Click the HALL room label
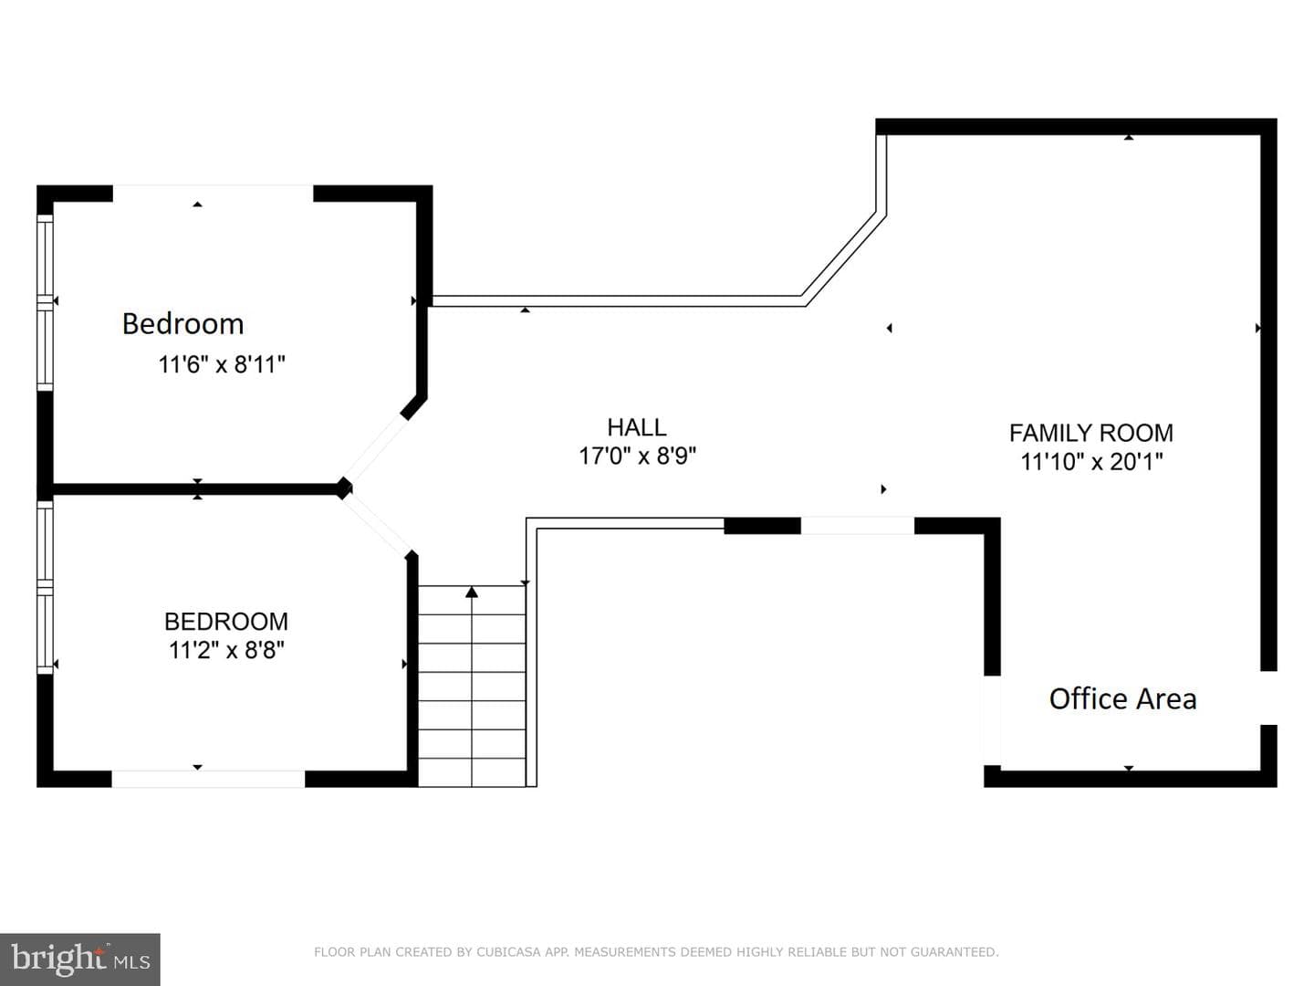pos(636,427)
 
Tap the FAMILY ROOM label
pos(1090,433)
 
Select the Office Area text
pos(1122,698)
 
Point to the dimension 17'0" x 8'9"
pos(637,456)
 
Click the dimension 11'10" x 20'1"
pos(1091,462)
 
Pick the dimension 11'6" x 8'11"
pos(222,364)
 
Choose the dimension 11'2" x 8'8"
pos(226,650)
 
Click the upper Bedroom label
pos(183,324)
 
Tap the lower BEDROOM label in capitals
pos(226,622)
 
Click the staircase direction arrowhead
pos(472,593)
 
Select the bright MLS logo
pos(80,960)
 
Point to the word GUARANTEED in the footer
pos(954,952)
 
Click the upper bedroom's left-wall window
pos(45,302)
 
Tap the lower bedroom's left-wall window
pos(45,587)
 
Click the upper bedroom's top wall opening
pos(214,194)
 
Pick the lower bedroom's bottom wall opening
pos(208,778)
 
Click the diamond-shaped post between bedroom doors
pos(344,488)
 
